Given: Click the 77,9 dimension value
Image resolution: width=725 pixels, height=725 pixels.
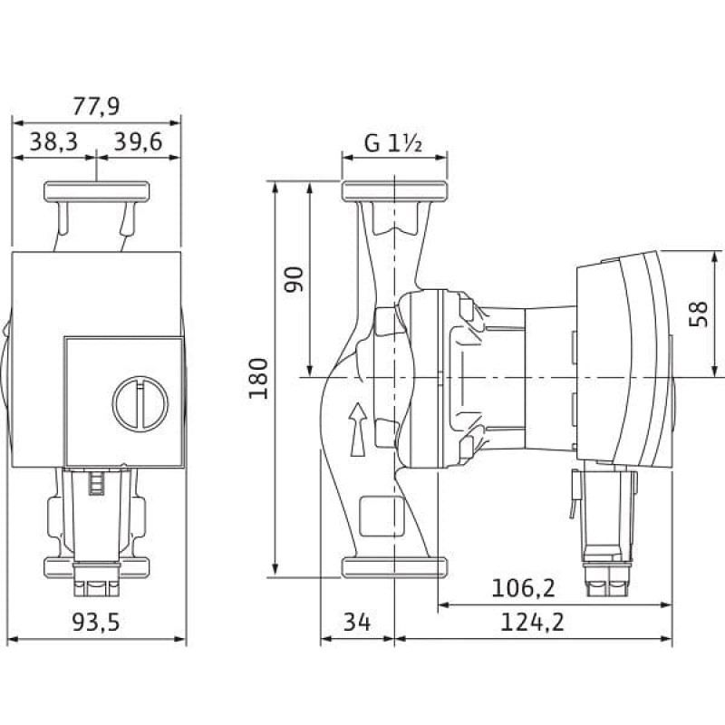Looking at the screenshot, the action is (x=96, y=106).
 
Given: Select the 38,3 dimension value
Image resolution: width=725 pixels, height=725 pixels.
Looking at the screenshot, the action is (x=53, y=141).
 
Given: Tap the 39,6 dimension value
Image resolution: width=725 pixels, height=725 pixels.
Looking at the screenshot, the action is (x=139, y=141).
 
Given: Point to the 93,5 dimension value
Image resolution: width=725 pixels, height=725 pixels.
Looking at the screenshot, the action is (x=96, y=622).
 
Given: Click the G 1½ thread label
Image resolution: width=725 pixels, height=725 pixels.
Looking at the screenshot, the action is (x=393, y=143).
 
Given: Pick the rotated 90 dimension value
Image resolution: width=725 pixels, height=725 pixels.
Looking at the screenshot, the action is (x=294, y=279).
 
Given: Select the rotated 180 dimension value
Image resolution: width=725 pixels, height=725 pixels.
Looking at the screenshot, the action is (x=258, y=378).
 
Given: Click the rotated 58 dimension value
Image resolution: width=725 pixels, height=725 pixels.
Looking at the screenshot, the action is (x=698, y=314).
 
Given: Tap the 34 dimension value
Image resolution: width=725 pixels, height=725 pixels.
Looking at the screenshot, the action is (x=357, y=622).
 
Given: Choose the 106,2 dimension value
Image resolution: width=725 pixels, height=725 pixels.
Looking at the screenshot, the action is (x=523, y=588).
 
